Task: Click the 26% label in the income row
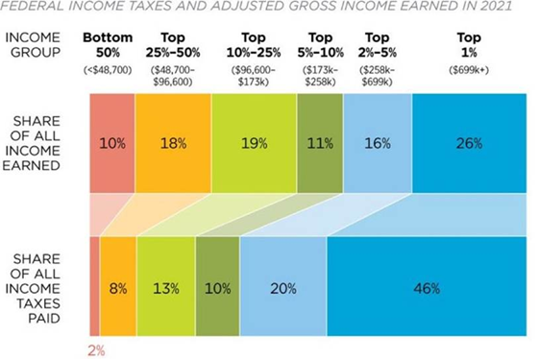[469, 143]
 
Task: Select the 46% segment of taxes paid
[427, 286]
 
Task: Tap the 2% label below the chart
[96, 351]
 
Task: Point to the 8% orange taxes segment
[118, 286]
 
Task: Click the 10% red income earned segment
[112, 143]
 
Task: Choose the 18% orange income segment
[173, 143]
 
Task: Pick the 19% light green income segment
[254, 143]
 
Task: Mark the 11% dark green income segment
[320, 143]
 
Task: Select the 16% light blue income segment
[378, 143]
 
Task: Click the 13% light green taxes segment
[166, 286]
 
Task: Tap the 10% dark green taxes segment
[217, 286]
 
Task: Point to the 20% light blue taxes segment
[283, 286]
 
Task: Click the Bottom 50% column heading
[108, 45]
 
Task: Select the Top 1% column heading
[469, 45]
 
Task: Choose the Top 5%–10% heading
[320, 45]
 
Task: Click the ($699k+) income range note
[469, 70]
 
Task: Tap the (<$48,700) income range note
[108, 70]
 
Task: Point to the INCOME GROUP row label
[33, 45]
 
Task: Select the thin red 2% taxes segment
[94, 286]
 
